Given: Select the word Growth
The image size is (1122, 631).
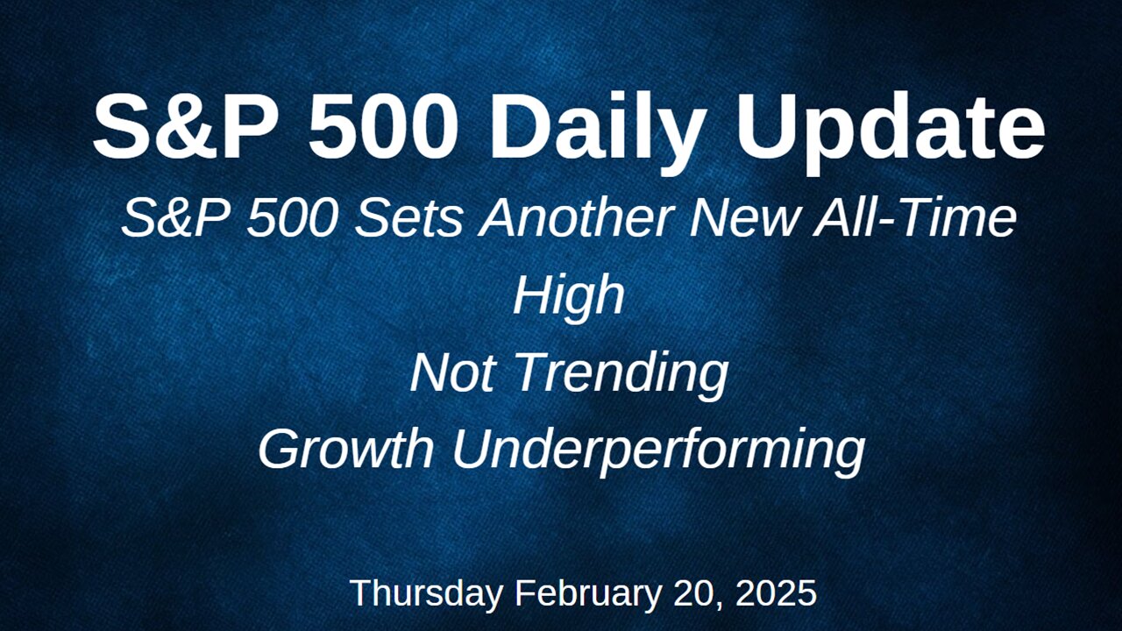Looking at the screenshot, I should pos(346,449).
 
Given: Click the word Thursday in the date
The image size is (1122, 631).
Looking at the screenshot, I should pos(426,593).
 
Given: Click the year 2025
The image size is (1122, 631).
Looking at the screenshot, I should pos(777,593).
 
